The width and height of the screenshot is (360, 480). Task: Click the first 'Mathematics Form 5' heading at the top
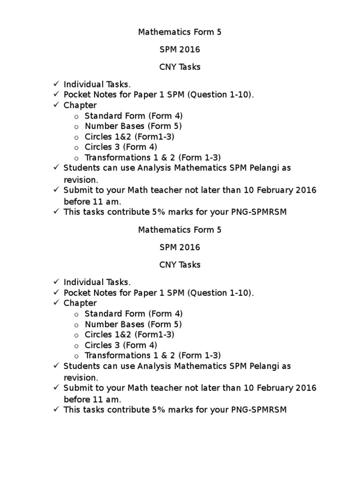(x=180, y=32)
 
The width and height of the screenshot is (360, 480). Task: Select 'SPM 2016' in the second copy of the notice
(x=180, y=247)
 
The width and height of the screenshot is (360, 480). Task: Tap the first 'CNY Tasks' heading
(x=180, y=67)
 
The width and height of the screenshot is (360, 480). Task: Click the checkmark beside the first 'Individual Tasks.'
(x=55, y=84)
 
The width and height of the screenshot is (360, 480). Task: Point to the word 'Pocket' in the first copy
(x=77, y=95)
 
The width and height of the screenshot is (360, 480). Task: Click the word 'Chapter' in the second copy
(x=80, y=303)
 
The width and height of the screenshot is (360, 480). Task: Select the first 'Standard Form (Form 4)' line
(x=134, y=116)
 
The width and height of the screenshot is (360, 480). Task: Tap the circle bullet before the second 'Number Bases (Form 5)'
(x=77, y=325)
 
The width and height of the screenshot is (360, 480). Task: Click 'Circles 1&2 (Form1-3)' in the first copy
(x=129, y=137)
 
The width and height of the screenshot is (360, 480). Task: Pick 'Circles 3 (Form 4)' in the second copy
(x=121, y=345)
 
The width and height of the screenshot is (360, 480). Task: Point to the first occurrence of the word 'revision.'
(x=81, y=180)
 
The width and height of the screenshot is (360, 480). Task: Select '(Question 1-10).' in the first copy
(x=221, y=95)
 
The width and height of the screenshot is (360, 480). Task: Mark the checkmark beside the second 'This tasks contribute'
(x=55, y=409)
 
